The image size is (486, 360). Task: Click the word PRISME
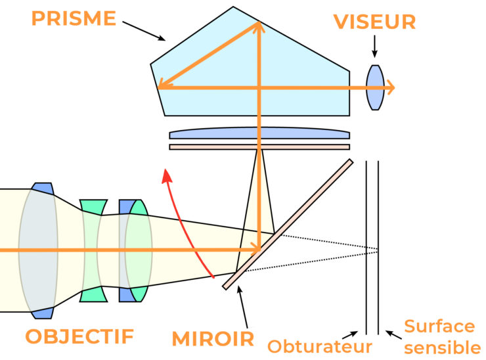[x=74, y=17]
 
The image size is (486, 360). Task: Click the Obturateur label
[x=320, y=346]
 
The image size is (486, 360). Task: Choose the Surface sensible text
[x=438, y=336]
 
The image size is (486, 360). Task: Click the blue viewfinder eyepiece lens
[x=374, y=87]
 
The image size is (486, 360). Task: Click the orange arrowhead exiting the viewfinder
[x=390, y=87]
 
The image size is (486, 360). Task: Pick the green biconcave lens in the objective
[x=93, y=250]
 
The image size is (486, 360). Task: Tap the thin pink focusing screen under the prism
[x=259, y=146]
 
